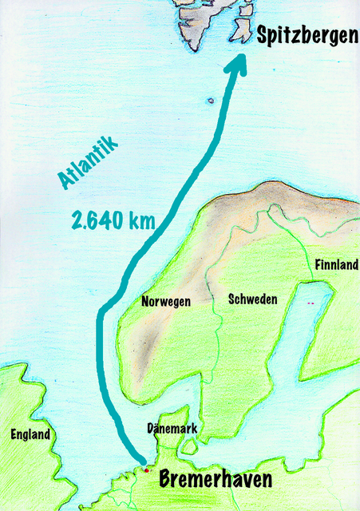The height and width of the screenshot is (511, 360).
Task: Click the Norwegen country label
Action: point(165,302)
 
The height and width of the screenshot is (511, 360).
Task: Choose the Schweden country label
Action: point(252,299)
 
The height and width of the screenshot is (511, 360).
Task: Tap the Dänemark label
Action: point(172,429)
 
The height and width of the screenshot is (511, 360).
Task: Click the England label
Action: point(31,435)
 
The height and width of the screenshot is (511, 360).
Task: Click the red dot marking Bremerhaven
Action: point(145,469)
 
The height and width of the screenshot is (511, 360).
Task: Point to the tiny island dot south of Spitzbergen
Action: point(210,101)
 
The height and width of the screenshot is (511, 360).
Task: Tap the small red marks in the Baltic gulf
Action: point(311,303)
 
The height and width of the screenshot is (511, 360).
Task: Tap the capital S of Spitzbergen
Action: point(262,35)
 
